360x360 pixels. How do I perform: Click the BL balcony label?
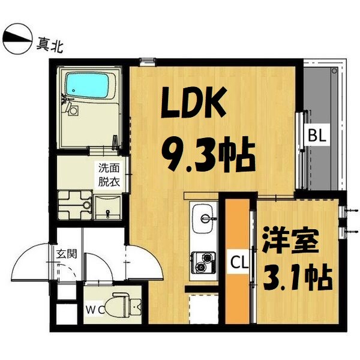coord(317,136)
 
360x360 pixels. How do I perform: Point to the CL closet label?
coord(239,263)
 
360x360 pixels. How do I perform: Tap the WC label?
coord(95,311)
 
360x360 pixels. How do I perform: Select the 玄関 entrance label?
coord(67,254)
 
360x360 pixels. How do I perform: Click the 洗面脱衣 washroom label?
coord(109,175)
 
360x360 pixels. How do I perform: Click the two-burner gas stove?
coord(203,262)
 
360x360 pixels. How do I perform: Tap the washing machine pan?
coord(75,205)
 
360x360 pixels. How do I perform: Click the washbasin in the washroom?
coord(107,207)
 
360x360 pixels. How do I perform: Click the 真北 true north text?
coord(50,45)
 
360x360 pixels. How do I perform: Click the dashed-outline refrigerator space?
coord(203,308)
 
